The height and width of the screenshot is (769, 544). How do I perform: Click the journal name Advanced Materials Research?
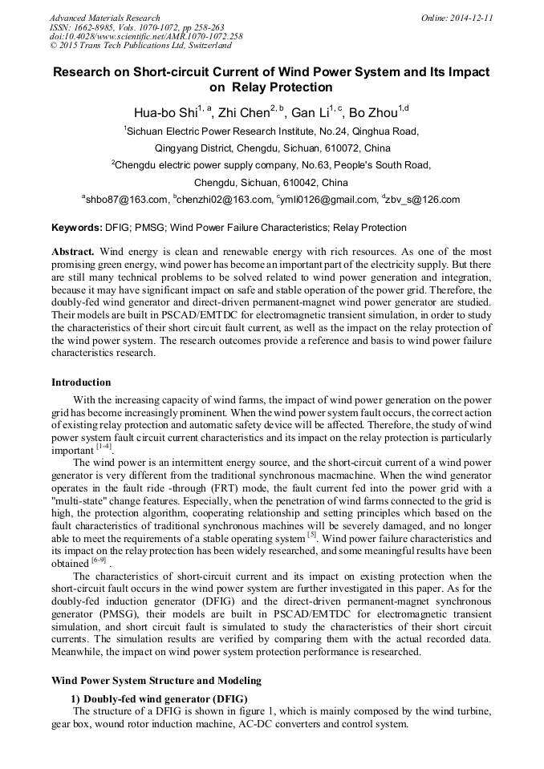[104, 18]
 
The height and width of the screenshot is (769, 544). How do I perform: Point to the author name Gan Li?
[311, 113]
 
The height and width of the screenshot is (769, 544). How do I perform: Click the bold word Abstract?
[73, 252]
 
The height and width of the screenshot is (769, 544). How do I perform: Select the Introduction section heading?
[81, 382]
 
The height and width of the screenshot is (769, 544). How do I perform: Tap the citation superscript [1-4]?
[104, 446]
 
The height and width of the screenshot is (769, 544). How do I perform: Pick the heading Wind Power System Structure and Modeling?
[156, 681]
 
